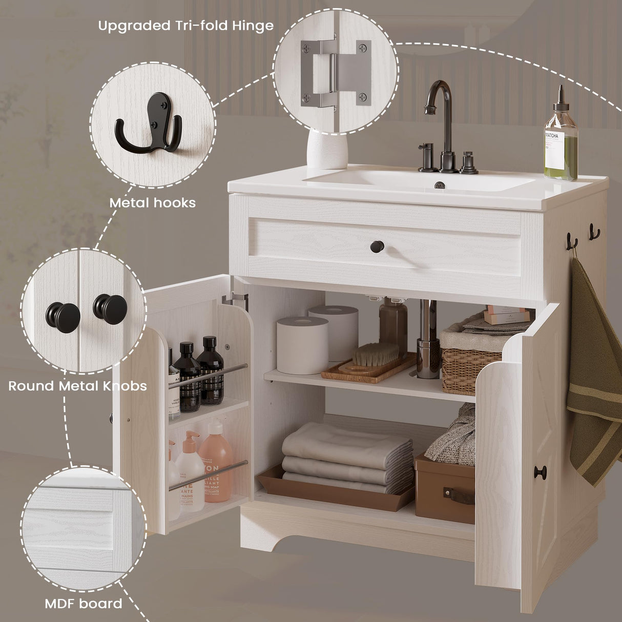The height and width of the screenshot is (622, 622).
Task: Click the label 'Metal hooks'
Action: coord(152,203)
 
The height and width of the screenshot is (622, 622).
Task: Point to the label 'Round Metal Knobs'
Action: coord(77,385)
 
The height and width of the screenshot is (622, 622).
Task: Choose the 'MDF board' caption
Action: coord(84,604)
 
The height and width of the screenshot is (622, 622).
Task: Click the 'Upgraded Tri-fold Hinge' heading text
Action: coord(185,26)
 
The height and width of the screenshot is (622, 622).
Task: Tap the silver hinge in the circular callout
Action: coord(336,74)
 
